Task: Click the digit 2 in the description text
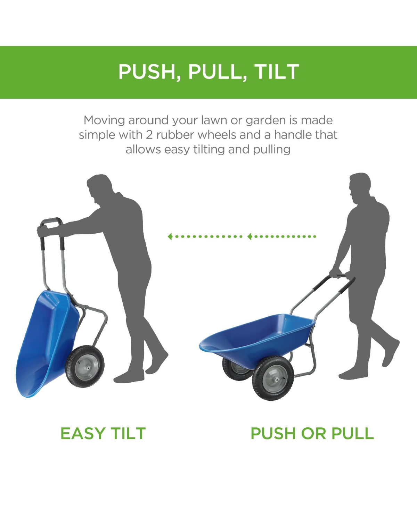point(149,135)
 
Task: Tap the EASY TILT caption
point(103,433)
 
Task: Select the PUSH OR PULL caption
point(312,433)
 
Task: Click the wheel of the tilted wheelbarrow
point(85,366)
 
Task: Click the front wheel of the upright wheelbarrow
point(273,378)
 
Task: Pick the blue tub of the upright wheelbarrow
point(257,338)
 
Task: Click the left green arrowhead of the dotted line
point(170,236)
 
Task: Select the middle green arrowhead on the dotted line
point(250,236)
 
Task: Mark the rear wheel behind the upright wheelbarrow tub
point(236,369)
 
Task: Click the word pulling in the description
point(271,150)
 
